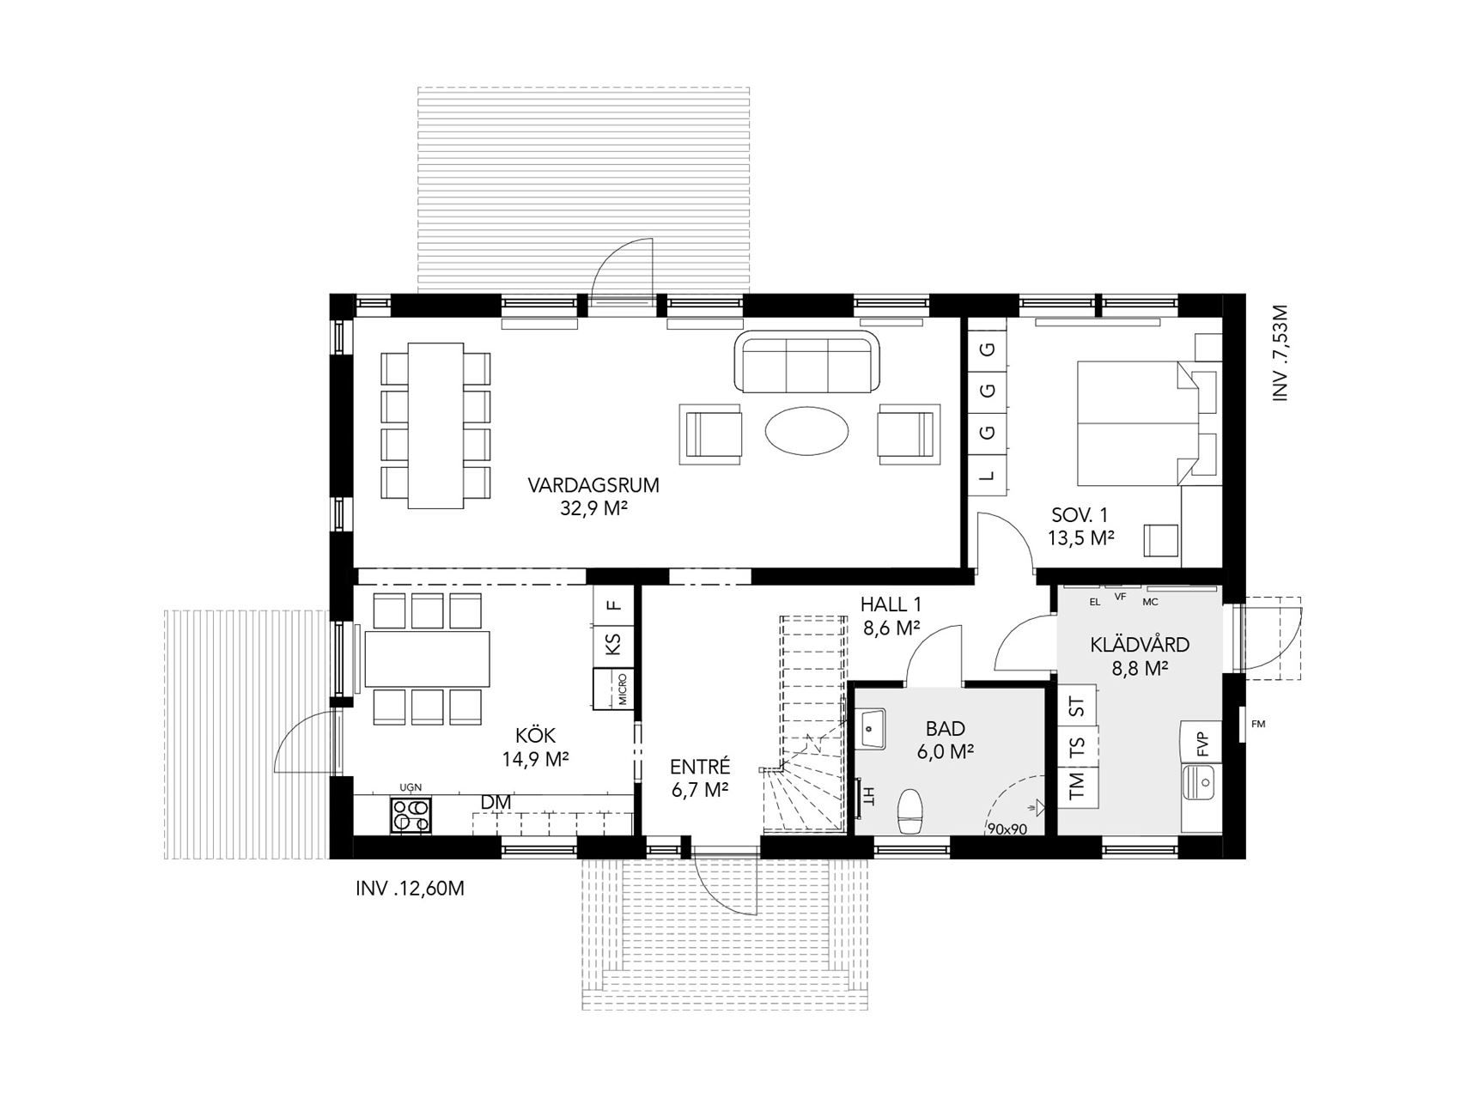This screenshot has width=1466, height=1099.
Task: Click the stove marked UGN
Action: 413,816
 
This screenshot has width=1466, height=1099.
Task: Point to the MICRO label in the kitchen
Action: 622,690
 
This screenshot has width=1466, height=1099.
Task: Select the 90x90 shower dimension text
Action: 1007,829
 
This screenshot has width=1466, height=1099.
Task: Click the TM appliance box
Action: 1077,786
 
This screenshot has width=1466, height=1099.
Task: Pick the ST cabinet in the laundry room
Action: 1077,707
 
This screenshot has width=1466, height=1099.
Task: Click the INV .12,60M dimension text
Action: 410,889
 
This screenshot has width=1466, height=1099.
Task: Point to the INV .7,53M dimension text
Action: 1281,353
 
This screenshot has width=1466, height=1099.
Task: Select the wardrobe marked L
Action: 988,474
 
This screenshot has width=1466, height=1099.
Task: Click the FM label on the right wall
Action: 1258,724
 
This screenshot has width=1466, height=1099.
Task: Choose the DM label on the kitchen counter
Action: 496,801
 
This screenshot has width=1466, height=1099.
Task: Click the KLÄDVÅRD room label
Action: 1140,645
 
